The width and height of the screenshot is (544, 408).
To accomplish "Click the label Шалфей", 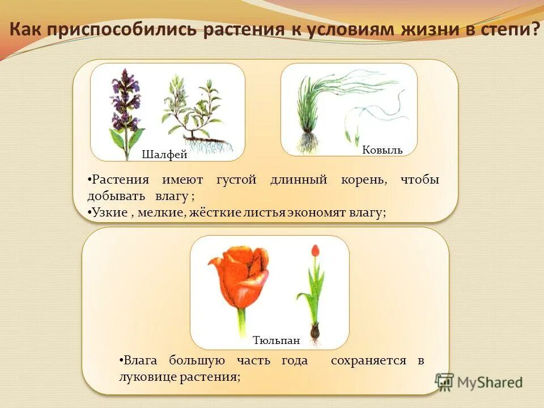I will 164,155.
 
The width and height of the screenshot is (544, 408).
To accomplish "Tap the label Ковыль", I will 382,150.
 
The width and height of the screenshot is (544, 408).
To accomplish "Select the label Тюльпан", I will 276,341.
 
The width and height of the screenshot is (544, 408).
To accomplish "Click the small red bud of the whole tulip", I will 315,250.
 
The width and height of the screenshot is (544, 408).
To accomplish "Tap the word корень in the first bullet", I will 363,180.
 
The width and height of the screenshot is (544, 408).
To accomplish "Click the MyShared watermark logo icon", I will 445,381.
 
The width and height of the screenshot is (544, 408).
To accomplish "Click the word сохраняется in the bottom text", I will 369,360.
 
